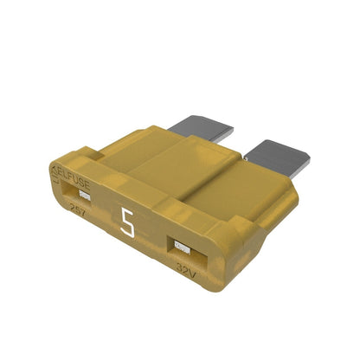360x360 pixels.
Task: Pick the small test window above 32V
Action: pyautogui.click(x=181, y=247)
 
